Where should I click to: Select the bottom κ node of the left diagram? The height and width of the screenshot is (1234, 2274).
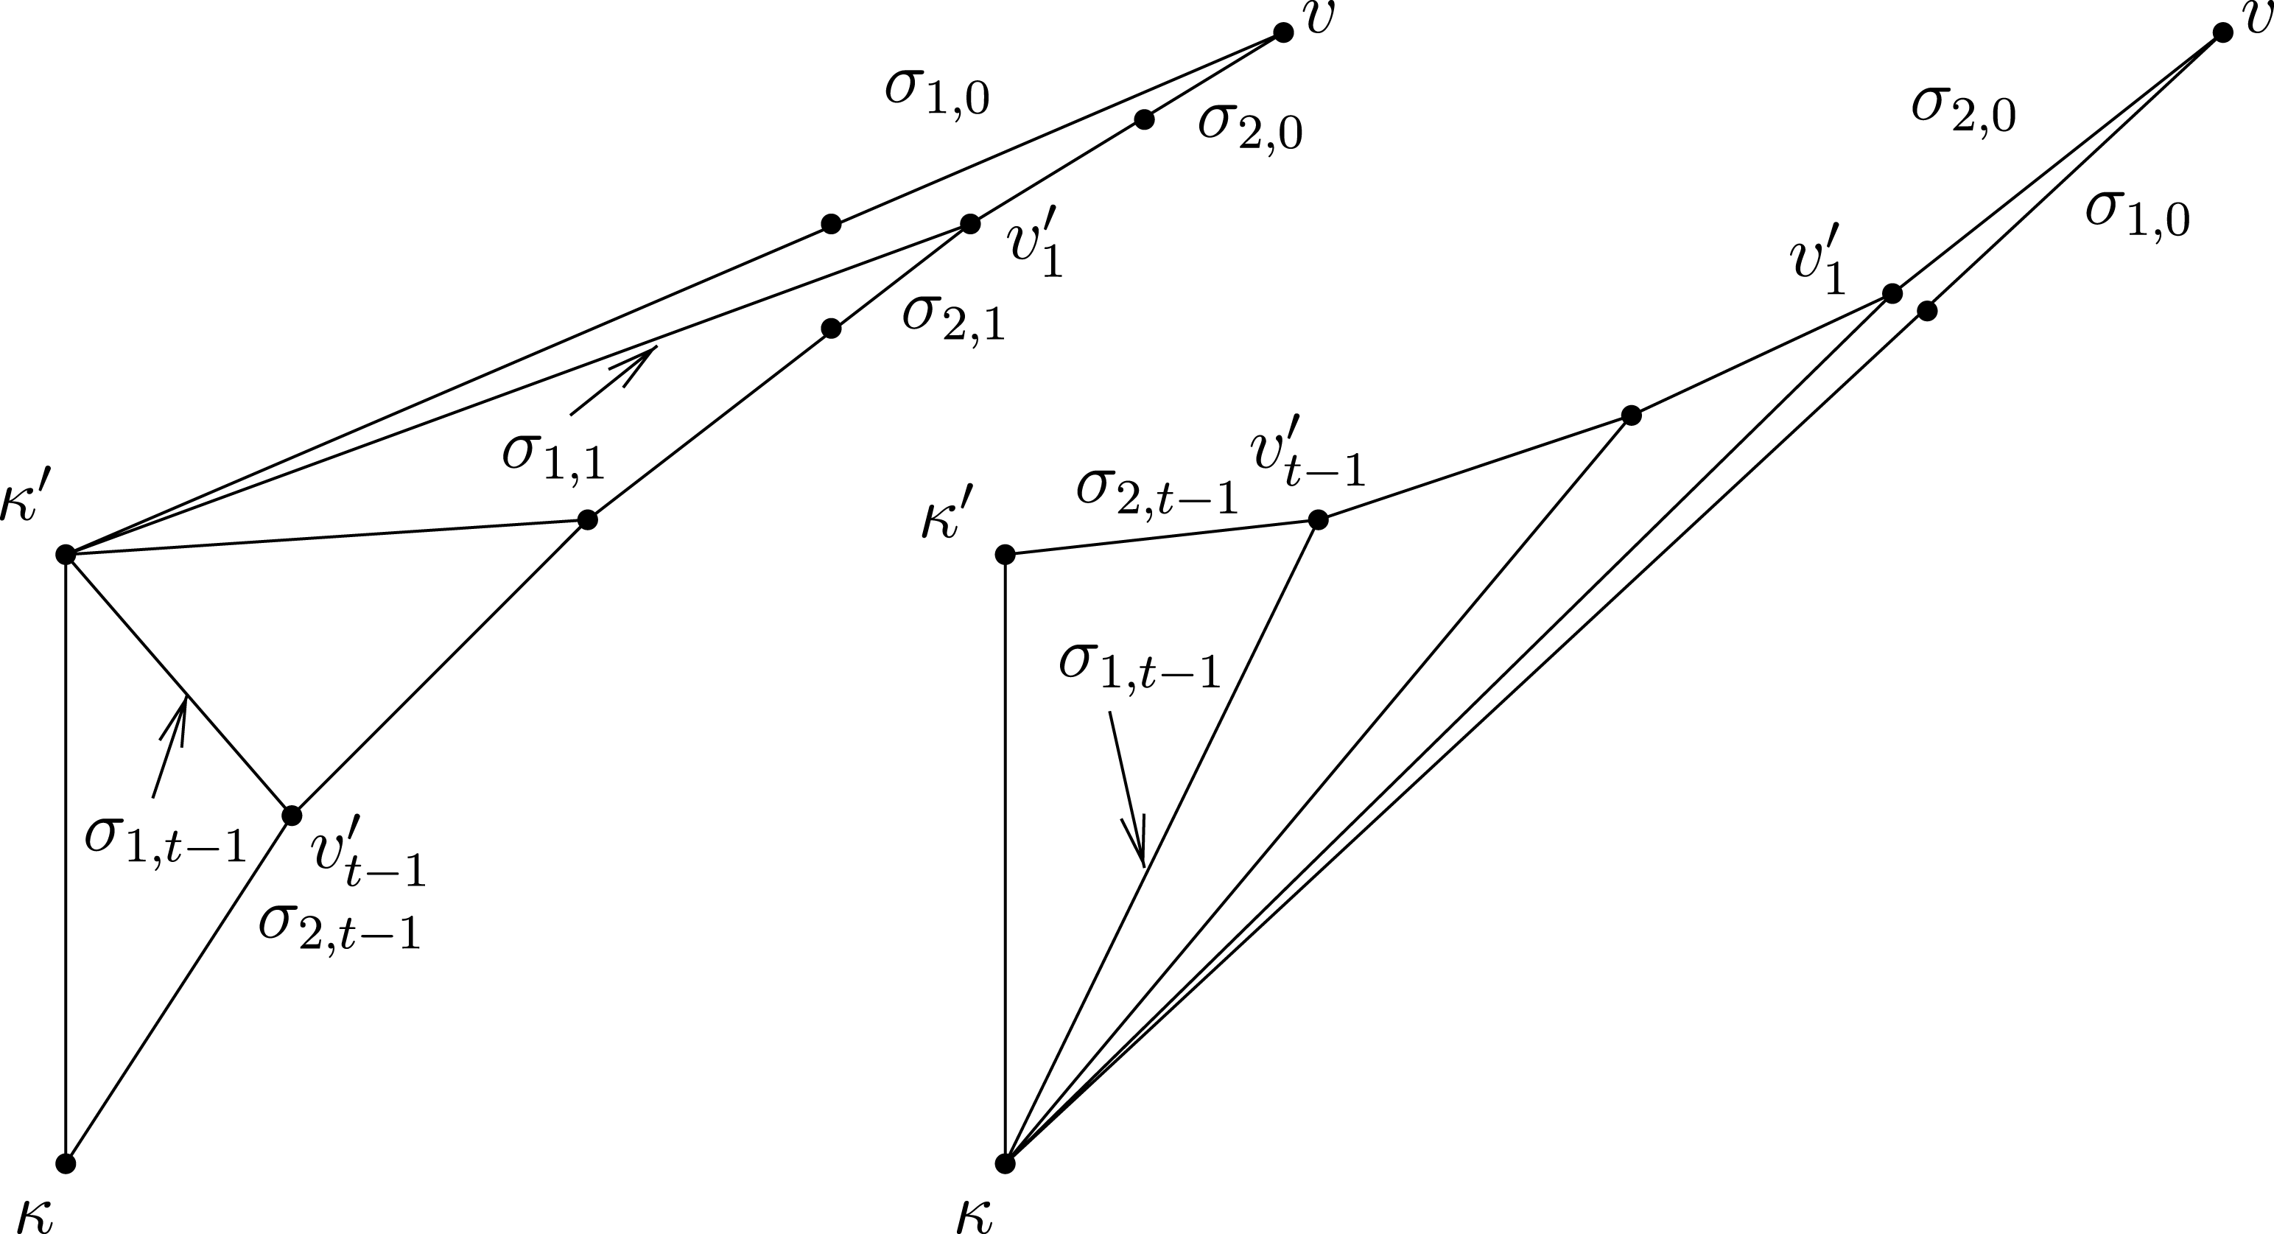coord(66,1163)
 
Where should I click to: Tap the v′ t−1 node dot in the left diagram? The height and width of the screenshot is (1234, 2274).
coord(291,815)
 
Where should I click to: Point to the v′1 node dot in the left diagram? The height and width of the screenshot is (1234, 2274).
coord(970,224)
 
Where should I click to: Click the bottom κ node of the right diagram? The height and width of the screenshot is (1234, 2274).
coord(1005,1163)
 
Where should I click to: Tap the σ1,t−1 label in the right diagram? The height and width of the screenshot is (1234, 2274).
coord(1140,667)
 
